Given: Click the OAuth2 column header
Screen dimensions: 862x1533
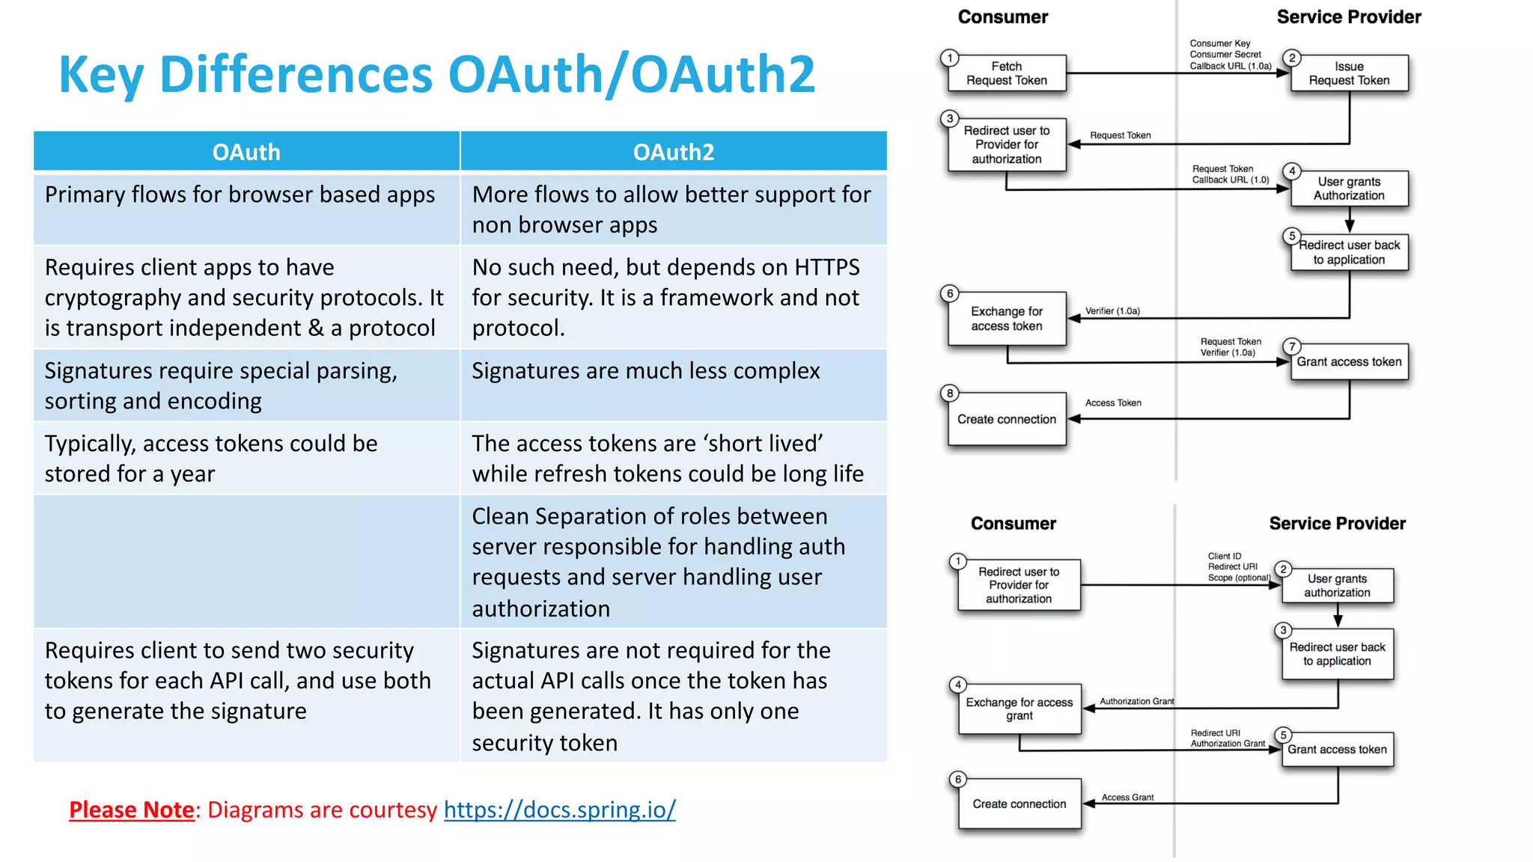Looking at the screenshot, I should (673, 152).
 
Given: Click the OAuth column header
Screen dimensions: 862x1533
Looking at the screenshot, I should (246, 152).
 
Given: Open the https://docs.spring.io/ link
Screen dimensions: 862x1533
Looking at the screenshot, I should (559, 810).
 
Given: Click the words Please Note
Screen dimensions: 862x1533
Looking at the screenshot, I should (132, 810).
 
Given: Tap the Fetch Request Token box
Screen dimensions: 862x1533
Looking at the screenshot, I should (1006, 73).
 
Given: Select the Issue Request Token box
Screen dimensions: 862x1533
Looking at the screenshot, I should (1349, 73).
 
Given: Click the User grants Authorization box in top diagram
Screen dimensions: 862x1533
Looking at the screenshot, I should (1349, 189).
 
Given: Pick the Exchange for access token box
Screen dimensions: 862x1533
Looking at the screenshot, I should (1006, 319).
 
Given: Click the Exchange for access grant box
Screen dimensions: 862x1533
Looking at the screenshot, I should (1019, 709).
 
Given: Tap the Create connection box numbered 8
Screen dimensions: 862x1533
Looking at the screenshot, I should (1006, 419).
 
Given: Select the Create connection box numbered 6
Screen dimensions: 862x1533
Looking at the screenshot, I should (1019, 804).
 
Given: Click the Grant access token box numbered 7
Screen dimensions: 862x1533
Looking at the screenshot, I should (1349, 362).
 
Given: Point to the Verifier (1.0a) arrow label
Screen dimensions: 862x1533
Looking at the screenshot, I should (1112, 311).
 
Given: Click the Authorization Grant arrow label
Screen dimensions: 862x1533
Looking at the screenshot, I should (1136, 701).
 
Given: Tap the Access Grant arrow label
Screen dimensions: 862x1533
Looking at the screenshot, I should (1127, 798).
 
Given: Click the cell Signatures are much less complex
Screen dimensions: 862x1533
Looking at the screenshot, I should (645, 371).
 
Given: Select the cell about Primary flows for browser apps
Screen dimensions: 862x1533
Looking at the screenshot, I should (240, 195).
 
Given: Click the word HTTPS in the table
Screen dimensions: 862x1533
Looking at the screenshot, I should (826, 267).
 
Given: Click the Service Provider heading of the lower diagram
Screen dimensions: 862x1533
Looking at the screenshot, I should (1337, 524).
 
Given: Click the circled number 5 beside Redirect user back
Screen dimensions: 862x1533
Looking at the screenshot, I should (1292, 236).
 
